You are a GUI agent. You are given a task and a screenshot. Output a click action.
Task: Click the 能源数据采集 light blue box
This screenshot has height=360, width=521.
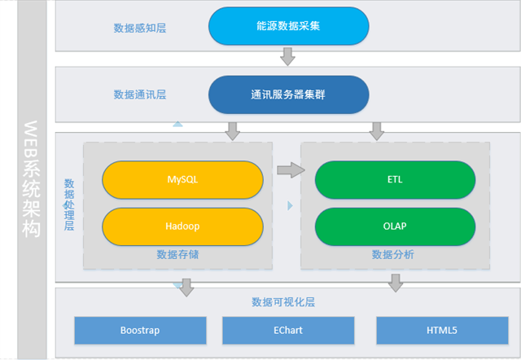[x=288, y=26]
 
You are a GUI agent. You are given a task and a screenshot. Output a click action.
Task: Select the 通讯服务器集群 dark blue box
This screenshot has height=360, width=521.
[x=288, y=94]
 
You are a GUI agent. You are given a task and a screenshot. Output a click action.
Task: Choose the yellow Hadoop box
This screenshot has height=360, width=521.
[x=182, y=226]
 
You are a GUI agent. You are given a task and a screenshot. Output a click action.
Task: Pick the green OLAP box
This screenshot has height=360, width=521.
[x=395, y=226]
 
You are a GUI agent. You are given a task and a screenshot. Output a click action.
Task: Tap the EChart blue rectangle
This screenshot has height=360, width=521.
[x=288, y=331]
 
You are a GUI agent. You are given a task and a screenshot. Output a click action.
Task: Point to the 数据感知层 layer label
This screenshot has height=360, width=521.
[x=140, y=28]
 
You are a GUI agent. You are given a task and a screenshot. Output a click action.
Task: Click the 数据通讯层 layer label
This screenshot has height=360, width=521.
[x=140, y=94]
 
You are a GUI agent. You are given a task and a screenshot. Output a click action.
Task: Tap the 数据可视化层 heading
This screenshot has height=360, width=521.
[x=283, y=302]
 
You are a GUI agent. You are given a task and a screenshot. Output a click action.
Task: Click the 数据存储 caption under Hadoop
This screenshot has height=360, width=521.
[x=177, y=255]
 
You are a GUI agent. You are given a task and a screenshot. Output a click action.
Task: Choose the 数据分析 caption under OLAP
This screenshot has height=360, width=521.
[x=393, y=255]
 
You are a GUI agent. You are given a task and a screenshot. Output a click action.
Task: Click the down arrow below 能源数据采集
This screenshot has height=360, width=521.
[x=287, y=56]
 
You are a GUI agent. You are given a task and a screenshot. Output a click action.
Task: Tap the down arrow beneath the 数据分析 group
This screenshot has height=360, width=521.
[x=396, y=283]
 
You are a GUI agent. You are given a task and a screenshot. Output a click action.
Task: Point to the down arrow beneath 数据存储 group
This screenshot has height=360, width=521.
[x=187, y=286]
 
